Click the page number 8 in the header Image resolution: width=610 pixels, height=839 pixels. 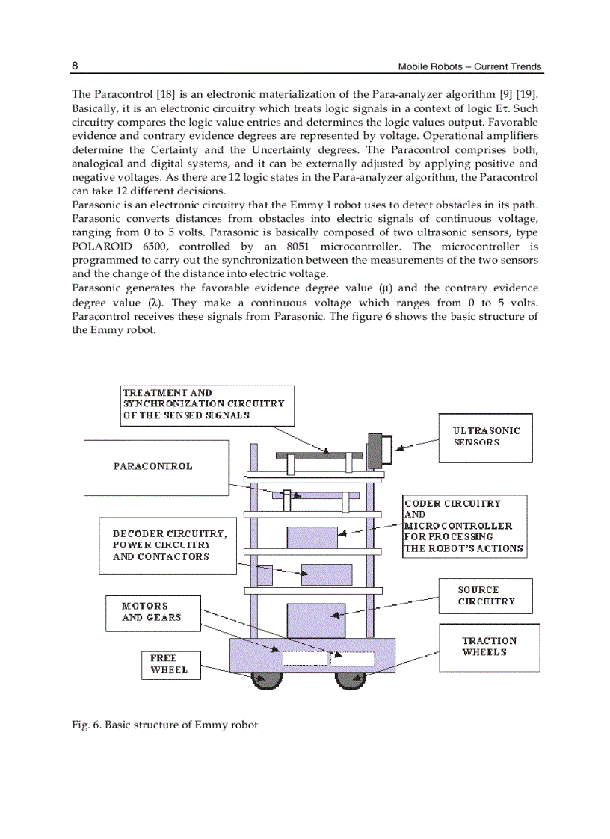[x=75, y=66]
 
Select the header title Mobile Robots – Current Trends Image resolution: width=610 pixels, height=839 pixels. [x=470, y=67]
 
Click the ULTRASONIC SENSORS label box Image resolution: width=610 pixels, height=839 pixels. [x=485, y=437]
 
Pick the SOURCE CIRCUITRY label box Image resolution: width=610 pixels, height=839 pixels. [x=485, y=596]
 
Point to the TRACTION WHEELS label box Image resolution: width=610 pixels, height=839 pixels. [x=489, y=647]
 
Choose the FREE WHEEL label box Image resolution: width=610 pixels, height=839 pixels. [x=164, y=664]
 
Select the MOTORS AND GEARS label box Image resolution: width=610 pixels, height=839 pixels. [x=151, y=612]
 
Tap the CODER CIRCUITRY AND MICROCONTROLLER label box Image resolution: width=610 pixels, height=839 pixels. [x=463, y=526]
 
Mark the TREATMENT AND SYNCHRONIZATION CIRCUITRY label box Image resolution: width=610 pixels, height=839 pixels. [x=206, y=405]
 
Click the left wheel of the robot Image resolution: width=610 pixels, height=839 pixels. [x=267, y=679]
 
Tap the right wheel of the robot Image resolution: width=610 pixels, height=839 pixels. [x=349, y=679]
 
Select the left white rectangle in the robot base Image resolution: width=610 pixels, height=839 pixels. [x=304, y=658]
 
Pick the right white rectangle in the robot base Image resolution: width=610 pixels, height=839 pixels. [x=352, y=658]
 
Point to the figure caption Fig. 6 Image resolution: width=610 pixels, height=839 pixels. [x=164, y=725]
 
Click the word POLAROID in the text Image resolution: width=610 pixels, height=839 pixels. [x=103, y=247]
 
